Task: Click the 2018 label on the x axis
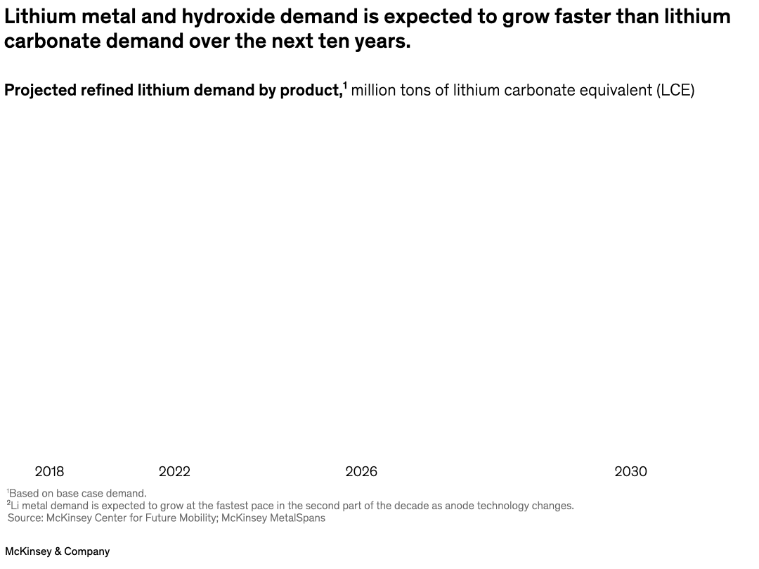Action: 49,471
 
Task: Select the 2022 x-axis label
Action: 174,471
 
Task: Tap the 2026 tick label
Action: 361,471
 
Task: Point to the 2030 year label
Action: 630,471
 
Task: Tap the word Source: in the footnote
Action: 25,518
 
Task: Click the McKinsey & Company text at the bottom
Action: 58,551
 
